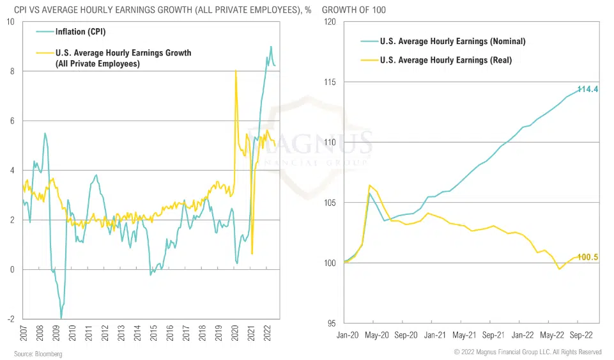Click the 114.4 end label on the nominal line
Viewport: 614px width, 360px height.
(x=587, y=90)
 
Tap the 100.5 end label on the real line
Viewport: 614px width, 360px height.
(x=587, y=257)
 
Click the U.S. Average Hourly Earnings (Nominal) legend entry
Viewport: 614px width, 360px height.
(x=452, y=42)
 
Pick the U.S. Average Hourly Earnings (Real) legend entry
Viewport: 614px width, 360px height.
(x=445, y=60)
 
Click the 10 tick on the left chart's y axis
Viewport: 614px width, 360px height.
(x=10, y=22)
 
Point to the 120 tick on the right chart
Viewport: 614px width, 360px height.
(x=330, y=22)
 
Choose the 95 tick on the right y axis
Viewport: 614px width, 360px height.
(x=332, y=324)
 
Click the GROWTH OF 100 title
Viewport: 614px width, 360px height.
(x=354, y=10)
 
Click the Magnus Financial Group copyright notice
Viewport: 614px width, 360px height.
(x=528, y=352)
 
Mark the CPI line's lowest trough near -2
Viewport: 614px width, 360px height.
(x=61, y=318)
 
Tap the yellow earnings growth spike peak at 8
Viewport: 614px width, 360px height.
(x=236, y=71)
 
